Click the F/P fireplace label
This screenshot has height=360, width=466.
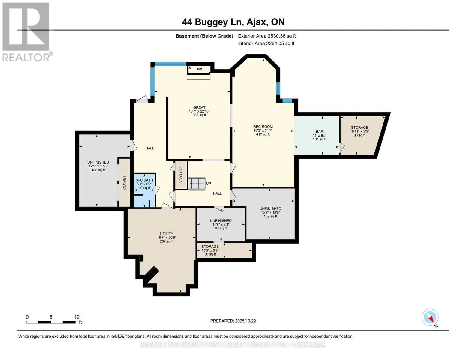199,70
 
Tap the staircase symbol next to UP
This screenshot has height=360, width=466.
197,183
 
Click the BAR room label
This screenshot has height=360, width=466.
319,132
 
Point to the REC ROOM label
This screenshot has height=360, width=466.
263,127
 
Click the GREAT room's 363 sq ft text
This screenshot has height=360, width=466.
199,115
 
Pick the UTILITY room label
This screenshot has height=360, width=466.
167,234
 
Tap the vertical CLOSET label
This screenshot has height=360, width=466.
124,182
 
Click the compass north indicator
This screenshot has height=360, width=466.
430,318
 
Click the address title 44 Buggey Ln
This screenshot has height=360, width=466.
233,22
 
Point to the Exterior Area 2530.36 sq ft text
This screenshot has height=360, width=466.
267,36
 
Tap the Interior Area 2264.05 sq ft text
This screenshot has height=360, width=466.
266,43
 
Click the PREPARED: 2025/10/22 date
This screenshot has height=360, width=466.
233,321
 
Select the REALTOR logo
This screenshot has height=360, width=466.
26,31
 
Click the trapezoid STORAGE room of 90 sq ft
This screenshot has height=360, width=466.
359,135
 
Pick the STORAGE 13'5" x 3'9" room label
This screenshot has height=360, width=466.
210,247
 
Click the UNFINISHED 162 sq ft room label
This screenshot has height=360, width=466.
270,209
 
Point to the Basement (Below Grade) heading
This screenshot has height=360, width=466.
204,36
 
